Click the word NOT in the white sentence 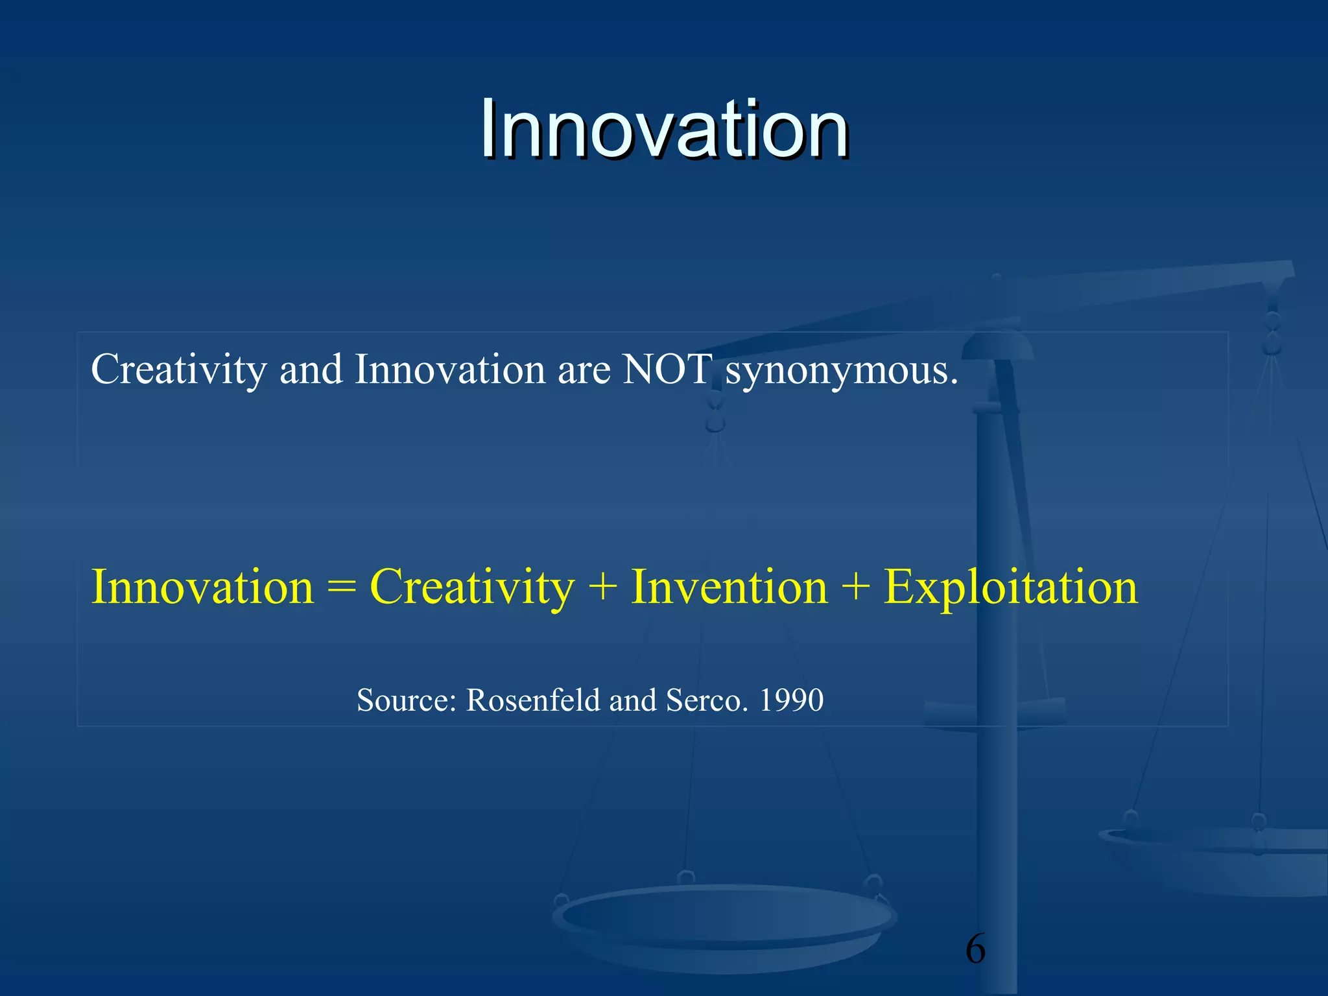pos(667,370)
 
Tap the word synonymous pos(841,371)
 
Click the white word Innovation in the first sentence pos(449,370)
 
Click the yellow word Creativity pos(472,587)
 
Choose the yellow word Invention pos(729,587)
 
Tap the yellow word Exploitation pos(1010,587)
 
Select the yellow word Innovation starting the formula pos(202,587)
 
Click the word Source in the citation pos(407,700)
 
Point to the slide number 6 pos(975,949)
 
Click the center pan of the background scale pos(724,921)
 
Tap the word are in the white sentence pos(584,371)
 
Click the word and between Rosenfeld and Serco pos(632,700)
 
